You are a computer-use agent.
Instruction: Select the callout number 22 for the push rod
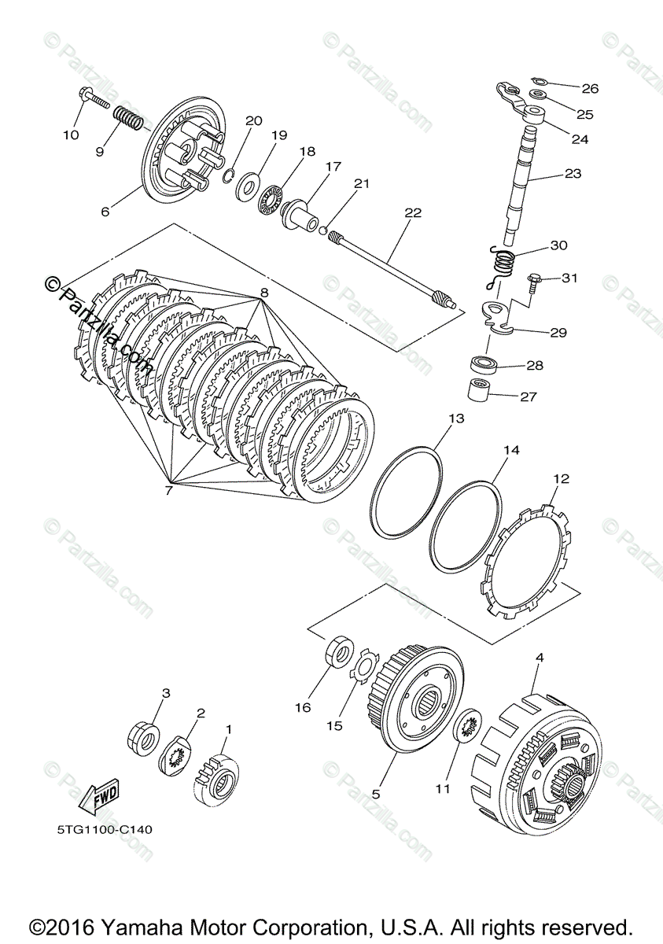click(x=413, y=212)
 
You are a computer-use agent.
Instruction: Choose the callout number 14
click(x=512, y=451)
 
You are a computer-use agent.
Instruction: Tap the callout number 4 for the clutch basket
click(x=539, y=656)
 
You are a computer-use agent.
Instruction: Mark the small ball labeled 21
click(x=322, y=229)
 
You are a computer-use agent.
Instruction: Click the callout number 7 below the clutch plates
click(x=168, y=491)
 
